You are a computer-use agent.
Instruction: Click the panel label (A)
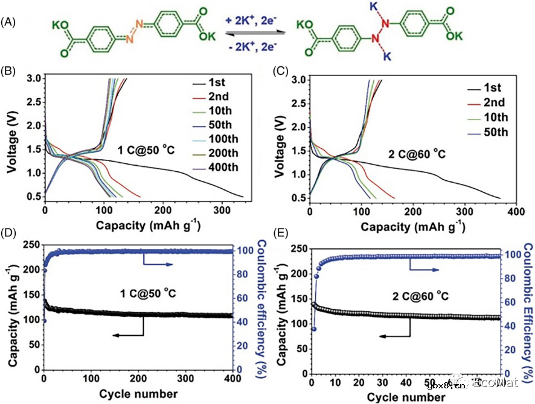pos(8,22)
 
